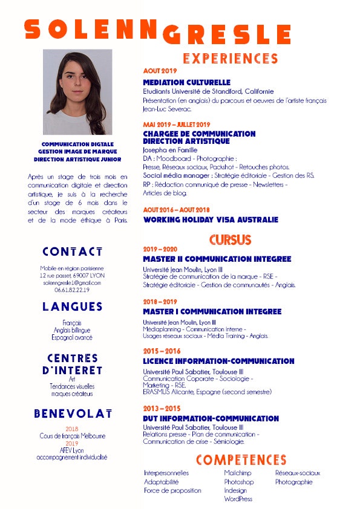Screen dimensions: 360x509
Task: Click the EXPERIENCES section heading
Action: click(x=230, y=59)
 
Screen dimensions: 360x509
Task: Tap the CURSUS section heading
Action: click(x=230, y=239)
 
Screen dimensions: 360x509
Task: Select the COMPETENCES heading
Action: click(x=241, y=460)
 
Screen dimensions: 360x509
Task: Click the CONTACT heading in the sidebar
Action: click(x=72, y=251)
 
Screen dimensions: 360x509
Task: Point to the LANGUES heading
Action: click(x=72, y=306)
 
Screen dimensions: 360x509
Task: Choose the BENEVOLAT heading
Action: click(x=72, y=413)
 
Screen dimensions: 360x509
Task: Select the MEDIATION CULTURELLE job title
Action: click(x=186, y=82)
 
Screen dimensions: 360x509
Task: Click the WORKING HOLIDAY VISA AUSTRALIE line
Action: click(x=211, y=220)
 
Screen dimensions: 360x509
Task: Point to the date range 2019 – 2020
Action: click(x=160, y=249)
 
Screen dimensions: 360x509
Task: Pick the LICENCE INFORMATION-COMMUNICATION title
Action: click(x=218, y=361)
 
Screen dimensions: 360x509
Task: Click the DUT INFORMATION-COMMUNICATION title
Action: click(x=211, y=418)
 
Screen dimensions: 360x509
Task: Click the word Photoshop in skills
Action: click(x=239, y=482)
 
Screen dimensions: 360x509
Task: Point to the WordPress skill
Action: click(x=238, y=499)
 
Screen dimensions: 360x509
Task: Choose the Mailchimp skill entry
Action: click(x=237, y=473)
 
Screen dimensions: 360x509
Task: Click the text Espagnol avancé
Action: click(x=72, y=337)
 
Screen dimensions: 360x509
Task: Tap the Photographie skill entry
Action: click(x=293, y=482)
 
